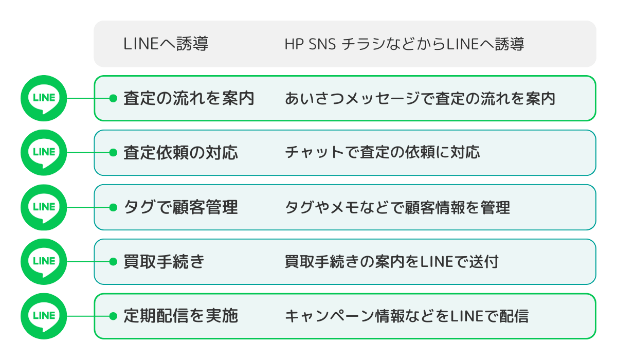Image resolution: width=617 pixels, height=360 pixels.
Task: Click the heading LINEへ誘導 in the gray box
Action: (x=166, y=44)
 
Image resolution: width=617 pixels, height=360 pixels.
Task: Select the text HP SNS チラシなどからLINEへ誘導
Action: (x=404, y=44)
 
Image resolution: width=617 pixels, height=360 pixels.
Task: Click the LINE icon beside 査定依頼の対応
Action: (x=44, y=153)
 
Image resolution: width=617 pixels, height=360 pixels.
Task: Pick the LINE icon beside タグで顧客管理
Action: (x=44, y=207)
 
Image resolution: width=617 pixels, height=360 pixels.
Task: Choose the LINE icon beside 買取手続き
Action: (x=44, y=262)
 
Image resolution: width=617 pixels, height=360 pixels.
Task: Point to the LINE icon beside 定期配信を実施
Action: (x=44, y=316)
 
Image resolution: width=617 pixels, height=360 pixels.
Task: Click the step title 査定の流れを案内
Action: (x=189, y=98)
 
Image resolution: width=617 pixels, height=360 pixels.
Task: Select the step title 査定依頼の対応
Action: (x=180, y=153)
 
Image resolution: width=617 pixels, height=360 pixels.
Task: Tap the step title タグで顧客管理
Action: (x=180, y=207)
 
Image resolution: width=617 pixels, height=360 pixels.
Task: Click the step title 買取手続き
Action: (x=164, y=262)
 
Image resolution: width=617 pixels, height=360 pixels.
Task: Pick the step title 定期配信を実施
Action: (x=180, y=316)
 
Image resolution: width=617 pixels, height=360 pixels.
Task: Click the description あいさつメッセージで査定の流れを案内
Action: (x=420, y=98)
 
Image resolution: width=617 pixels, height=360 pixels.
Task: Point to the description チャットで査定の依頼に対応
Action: (x=382, y=153)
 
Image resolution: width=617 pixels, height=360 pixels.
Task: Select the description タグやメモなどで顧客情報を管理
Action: (x=397, y=207)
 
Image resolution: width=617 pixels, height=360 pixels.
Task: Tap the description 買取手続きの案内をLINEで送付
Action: (x=391, y=262)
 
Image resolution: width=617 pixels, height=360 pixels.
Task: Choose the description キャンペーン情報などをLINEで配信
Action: (x=406, y=316)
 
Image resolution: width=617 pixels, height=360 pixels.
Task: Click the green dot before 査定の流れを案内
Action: (x=113, y=98)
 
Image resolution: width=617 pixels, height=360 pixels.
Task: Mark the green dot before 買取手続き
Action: (x=113, y=262)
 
